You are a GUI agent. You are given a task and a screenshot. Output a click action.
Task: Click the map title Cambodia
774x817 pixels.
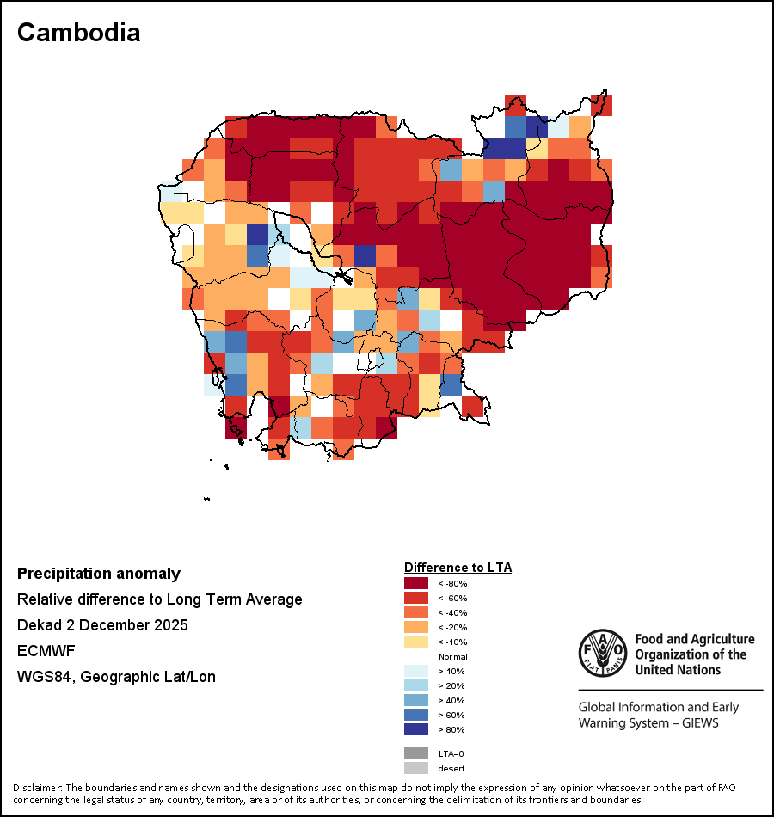(x=78, y=33)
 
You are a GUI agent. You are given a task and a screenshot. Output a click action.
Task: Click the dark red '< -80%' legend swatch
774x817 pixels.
(x=416, y=583)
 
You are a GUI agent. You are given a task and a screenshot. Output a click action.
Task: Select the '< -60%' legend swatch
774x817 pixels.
(x=416, y=598)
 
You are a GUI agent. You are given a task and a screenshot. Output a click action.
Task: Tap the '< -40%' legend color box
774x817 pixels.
(x=416, y=612)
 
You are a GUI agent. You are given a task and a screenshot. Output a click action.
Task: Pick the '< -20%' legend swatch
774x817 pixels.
(x=416, y=627)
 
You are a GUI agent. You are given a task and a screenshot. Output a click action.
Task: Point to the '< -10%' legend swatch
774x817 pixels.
(x=416, y=642)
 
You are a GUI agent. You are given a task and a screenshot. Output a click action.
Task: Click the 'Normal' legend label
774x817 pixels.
(x=452, y=656)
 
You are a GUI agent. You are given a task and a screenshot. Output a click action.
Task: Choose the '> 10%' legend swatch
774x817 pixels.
(x=416, y=671)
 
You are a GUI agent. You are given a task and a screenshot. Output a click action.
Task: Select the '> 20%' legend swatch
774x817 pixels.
(x=416, y=685)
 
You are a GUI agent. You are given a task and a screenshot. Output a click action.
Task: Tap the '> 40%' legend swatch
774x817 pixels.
(x=416, y=700)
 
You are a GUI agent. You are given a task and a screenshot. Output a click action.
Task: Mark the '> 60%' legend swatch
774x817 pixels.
(x=416, y=715)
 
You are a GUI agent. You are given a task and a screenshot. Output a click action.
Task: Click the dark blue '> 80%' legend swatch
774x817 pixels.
(x=416, y=729)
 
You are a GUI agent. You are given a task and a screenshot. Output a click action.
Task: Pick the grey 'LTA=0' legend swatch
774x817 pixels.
(x=416, y=753)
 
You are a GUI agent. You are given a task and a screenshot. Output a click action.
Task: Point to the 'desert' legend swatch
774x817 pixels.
(x=416, y=768)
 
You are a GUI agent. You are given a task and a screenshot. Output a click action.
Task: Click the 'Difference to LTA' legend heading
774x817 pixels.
(x=458, y=568)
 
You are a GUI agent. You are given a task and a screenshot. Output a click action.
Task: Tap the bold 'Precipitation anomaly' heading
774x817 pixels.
(x=99, y=574)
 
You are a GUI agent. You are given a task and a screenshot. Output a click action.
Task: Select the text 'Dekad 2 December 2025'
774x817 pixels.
(x=102, y=624)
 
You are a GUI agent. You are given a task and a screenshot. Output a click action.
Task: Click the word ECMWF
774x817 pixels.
(x=45, y=650)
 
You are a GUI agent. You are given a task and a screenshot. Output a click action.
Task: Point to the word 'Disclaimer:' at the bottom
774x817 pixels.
(x=36, y=788)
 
